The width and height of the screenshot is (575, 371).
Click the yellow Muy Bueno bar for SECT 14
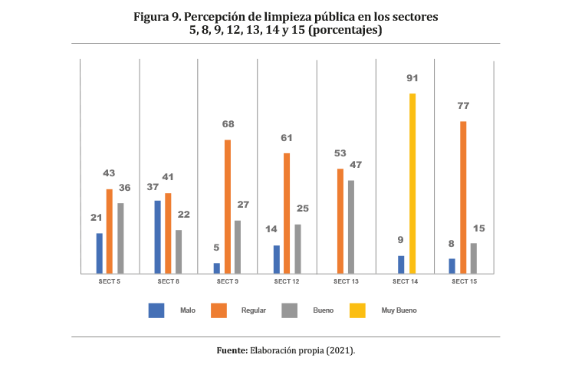tap(412, 183)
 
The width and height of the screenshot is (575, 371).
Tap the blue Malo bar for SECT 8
tap(158, 236)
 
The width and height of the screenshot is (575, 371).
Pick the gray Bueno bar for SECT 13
tap(350, 226)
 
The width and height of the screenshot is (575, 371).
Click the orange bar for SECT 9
tap(227, 205)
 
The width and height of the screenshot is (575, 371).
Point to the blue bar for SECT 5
tap(99, 252)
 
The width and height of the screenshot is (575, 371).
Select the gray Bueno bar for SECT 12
tap(297, 248)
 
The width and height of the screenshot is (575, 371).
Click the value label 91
tap(412, 78)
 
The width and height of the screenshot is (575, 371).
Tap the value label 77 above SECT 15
tap(463, 106)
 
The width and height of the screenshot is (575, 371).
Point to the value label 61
tap(286, 138)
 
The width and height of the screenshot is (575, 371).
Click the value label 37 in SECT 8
tap(153, 187)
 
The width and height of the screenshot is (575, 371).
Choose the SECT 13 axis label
tap(346, 282)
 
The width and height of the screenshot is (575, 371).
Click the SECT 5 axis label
tap(109, 282)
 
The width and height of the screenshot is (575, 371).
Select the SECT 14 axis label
tap(405, 282)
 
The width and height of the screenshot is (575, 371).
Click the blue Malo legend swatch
tap(156, 310)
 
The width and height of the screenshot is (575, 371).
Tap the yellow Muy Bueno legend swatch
tap(357, 310)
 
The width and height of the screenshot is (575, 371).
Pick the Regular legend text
tap(254, 310)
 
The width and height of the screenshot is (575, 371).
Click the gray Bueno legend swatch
tap(290, 310)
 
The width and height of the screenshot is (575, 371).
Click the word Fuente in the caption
tap(231, 350)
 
